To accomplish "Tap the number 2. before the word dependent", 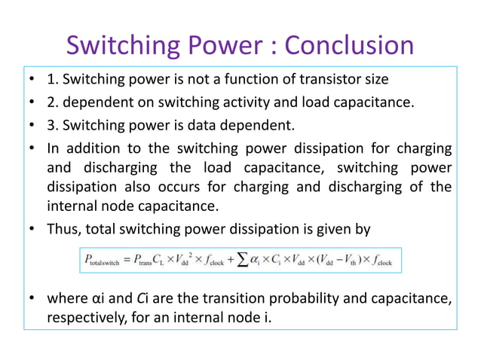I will click(53, 102).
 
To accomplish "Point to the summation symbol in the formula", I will click(240, 261).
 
